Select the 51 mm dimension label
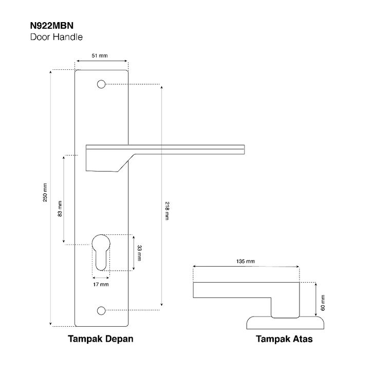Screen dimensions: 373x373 coord(100,56)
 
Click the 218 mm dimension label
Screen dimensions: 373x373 coord(167,211)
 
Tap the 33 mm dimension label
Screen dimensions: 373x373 coord(139,252)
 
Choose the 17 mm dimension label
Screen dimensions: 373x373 coord(101,284)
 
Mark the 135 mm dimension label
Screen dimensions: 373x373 coord(245,261)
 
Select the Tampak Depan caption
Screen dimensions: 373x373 coord(101,339)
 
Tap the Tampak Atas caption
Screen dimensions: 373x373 coord(284,339)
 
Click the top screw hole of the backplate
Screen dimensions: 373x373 coord(101,84)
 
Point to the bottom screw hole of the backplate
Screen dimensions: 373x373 coord(101,310)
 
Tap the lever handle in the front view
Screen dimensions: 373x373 coord(164,149)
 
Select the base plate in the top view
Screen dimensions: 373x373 coord(286,323)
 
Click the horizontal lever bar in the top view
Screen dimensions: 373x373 coord(246,290)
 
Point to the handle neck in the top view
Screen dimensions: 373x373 coord(286,307)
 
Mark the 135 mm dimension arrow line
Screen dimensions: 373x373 coord(246,267)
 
